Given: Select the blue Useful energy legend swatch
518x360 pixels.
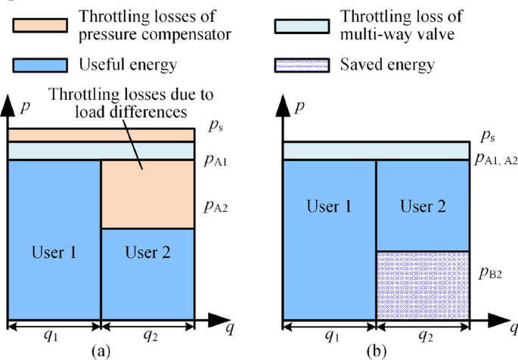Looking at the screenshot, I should coord(39,65).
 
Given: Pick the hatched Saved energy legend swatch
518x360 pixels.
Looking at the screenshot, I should coord(302,65).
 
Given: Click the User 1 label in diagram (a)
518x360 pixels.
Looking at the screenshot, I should coord(53,252).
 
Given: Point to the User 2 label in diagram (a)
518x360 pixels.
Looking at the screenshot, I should coord(148,252).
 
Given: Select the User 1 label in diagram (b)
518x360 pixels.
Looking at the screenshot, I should coord(329,206).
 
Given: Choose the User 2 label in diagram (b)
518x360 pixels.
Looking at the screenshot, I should coord(423,206).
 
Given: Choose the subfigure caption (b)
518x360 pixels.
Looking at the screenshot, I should coord(376,351).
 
